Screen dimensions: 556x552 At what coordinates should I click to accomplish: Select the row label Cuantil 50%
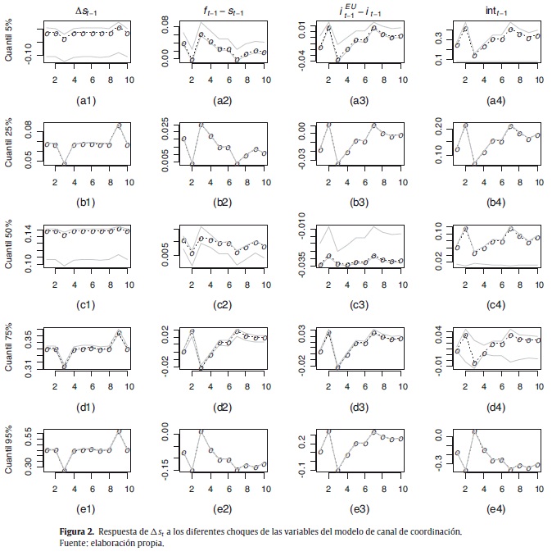point(9,244)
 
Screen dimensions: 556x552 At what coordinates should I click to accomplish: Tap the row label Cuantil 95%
point(9,449)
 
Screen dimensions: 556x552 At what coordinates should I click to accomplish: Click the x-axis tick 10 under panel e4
point(536,488)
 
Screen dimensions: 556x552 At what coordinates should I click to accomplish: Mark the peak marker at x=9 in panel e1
point(120,431)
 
